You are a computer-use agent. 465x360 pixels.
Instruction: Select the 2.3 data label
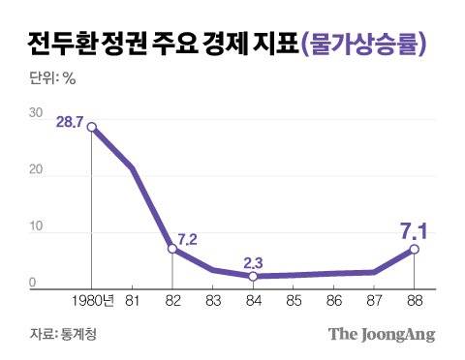253,261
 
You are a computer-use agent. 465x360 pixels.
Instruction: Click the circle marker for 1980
92,127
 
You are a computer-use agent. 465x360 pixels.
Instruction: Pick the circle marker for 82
172,249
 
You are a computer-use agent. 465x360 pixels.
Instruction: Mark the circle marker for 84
253,277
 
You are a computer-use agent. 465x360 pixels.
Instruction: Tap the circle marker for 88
415,249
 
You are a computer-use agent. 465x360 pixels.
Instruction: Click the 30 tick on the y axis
35,113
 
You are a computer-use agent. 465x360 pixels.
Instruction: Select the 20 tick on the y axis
35,170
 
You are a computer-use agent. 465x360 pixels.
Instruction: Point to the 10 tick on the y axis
35,227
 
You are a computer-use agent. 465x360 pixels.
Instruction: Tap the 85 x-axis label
294,302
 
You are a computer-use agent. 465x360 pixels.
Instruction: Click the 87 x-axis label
374,302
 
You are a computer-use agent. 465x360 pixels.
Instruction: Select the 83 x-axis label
213,302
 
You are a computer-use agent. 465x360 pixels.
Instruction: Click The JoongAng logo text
382,335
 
